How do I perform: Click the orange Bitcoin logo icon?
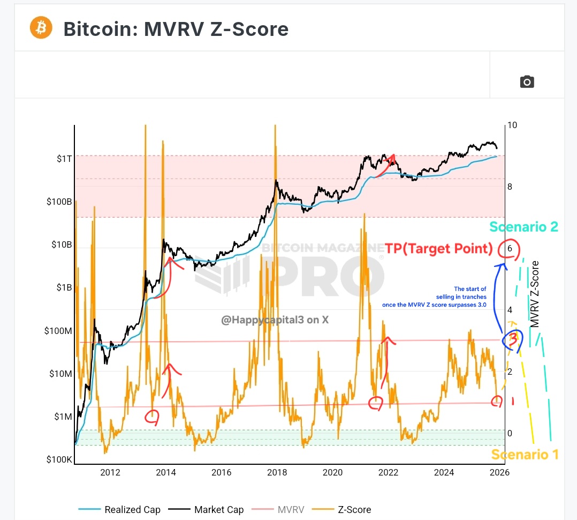pos(41,28)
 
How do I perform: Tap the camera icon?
pos(527,81)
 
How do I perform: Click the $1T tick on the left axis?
pos(62,158)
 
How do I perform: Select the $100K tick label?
pos(59,459)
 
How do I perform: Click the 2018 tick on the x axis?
pos(277,472)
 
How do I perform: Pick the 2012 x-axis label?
pos(110,472)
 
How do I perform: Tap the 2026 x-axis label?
pos(499,472)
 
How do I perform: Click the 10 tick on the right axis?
pos(512,125)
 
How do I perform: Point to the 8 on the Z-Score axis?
pos(510,187)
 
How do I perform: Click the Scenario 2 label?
pos(523,227)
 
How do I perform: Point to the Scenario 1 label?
pos(525,455)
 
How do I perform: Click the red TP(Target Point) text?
pos(438,249)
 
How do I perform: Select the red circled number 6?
pos(508,249)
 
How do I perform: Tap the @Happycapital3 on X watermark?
pos(275,320)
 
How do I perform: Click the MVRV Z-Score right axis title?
pos(535,294)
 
